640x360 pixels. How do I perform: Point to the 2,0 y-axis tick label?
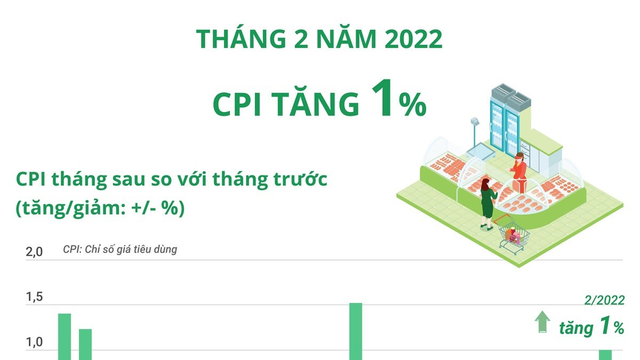[34, 252]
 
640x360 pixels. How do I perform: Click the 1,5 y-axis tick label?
[34, 298]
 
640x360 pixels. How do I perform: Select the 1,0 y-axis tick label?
[34, 342]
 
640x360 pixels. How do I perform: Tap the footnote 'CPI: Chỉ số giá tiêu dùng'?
[120, 249]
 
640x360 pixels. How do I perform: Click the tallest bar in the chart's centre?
[356, 331]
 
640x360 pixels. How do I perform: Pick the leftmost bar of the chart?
[64, 336]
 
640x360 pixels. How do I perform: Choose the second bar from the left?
[85, 344]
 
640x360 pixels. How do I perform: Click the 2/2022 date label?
[604, 301]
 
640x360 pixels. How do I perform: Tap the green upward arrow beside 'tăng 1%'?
[542, 322]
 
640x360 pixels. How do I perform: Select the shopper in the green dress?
[487, 203]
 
